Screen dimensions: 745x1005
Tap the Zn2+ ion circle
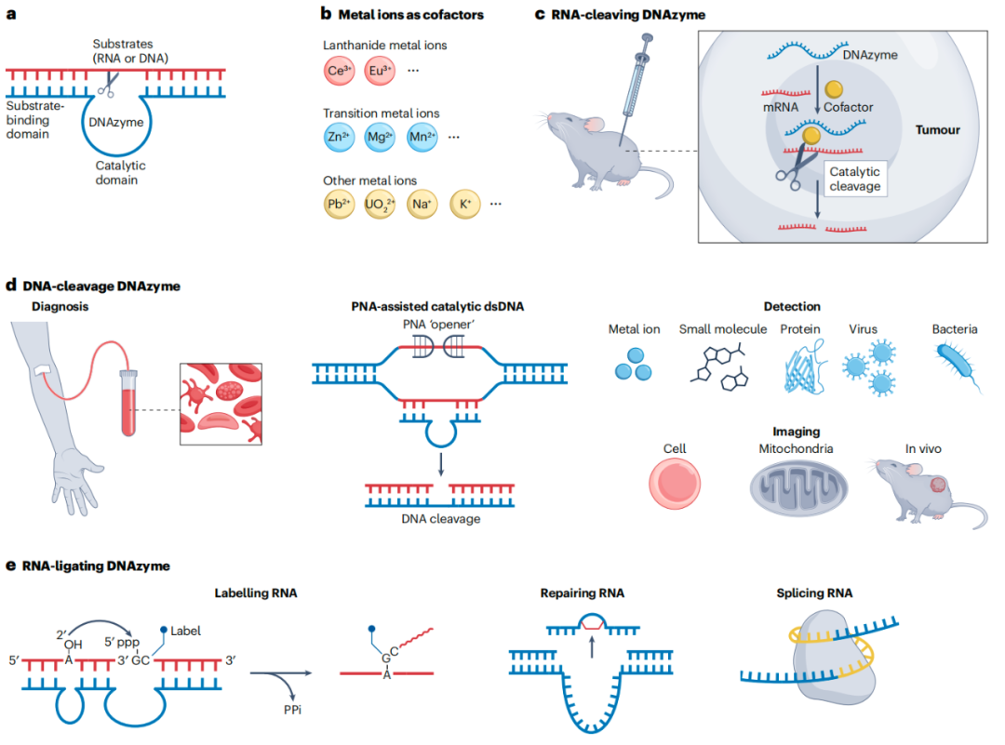point(336,138)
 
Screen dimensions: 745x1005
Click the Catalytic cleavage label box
point(854,179)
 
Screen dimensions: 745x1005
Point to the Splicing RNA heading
point(814,592)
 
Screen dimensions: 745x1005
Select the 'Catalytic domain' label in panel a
point(120,172)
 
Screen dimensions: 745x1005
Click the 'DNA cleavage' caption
point(442,518)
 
